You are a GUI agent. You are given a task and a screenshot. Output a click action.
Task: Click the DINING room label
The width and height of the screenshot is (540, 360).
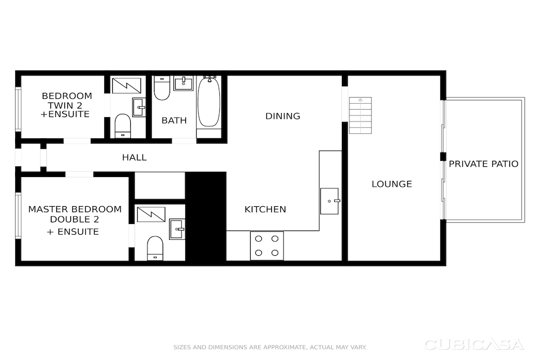[283, 116]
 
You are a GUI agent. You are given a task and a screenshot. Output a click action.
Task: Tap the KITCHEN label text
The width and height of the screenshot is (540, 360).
[265, 209]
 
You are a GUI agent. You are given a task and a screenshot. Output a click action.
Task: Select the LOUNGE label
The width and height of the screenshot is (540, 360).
[391, 184]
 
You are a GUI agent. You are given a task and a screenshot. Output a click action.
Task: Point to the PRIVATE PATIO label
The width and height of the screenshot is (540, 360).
[483, 164]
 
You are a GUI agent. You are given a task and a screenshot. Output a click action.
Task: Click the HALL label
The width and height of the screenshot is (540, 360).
[134, 157]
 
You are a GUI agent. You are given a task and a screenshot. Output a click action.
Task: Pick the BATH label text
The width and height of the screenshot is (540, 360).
[174, 120]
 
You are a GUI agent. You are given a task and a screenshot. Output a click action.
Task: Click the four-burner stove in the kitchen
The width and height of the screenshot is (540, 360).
[267, 246]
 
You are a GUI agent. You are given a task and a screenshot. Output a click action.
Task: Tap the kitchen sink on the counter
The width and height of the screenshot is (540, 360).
[329, 201]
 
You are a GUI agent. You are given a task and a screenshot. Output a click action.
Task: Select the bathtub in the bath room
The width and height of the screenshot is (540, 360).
[208, 102]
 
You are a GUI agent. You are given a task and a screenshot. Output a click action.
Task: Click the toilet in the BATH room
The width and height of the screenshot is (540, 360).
[161, 88]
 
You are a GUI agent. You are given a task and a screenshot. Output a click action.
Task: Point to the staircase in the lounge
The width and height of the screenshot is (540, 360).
[361, 116]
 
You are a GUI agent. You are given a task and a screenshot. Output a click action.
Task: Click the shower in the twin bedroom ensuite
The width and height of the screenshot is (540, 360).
[126, 86]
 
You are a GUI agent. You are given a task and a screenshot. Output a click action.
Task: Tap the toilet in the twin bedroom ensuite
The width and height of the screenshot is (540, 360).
[123, 126]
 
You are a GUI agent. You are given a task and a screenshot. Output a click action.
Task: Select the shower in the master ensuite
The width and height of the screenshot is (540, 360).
[151, 214]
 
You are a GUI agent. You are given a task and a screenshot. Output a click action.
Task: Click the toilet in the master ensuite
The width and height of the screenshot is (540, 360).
[155, 248]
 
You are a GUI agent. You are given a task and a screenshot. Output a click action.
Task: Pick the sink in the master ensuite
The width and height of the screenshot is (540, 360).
[177, 229]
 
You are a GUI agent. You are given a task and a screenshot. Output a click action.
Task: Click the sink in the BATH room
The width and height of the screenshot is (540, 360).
[183, 83]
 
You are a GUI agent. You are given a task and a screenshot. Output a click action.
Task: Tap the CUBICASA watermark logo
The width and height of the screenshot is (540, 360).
[474, 344]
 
